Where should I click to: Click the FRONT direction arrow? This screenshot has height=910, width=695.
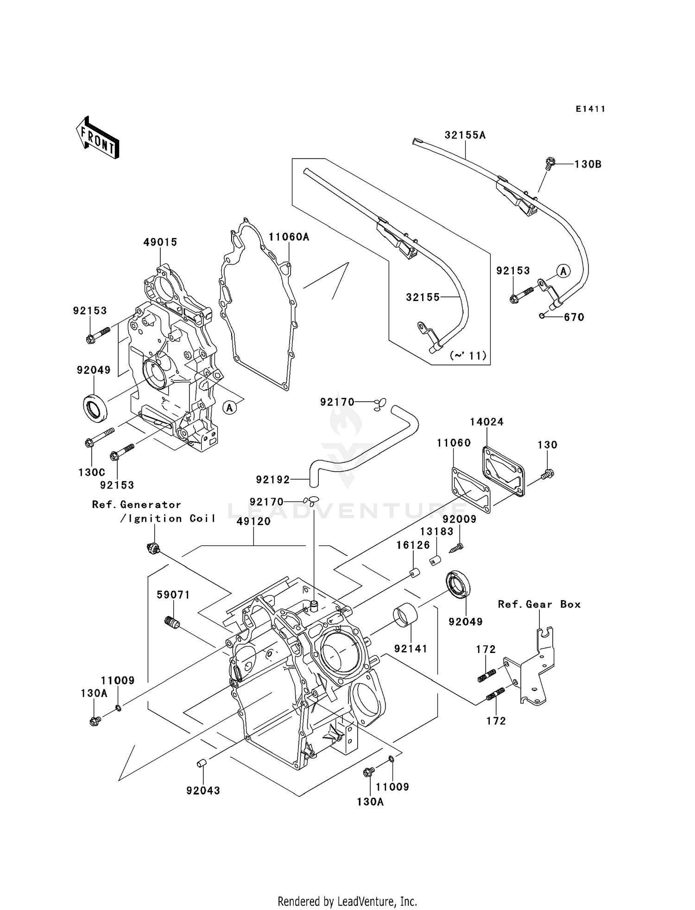tap(98, 138)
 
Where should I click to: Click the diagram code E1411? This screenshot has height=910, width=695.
tap(590, 109)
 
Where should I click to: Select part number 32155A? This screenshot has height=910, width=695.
tap(465, 135)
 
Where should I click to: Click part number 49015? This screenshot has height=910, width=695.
tap(160, 242)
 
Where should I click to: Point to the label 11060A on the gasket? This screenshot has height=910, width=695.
tap(289, 237)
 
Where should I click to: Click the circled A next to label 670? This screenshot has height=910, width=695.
tap(563, 271)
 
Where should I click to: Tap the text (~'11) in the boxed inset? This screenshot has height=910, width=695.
tap(468, 355)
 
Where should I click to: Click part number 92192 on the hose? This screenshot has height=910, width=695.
tap(272, 479)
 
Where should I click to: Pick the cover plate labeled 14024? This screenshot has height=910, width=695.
tap(504, 471)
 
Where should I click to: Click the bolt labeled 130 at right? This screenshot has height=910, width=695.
tap(548, 474)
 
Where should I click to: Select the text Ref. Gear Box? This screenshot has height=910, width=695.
tap(539, 604)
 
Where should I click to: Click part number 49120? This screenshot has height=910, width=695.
tap(253, 521)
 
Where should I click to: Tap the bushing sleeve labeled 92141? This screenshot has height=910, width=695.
tap(405, 616)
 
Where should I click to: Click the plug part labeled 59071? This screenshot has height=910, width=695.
tap(172, 623)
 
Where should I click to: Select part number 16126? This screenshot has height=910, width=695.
tap(413, 545)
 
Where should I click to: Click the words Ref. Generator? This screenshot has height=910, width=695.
tap(136, 504)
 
